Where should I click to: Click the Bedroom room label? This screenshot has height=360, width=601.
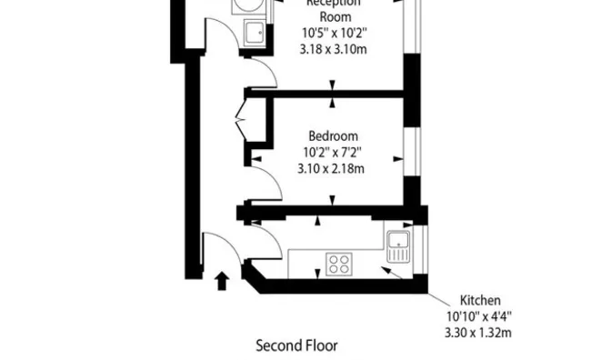click(x=332, y=135)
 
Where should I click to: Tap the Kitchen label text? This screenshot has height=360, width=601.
click(x=480, y=300)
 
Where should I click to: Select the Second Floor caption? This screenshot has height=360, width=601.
click(x=296, y=345)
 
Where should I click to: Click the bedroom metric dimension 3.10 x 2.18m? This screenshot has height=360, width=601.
click(x=332, y=168)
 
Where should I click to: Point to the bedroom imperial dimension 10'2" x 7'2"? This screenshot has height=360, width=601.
click(x=332, y=152)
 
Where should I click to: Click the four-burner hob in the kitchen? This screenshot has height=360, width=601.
click(x=340, y=265)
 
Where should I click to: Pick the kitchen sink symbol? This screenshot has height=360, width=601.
click(x=398, y=241)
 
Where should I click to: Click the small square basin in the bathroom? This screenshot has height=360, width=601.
click(x=255, y=35)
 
